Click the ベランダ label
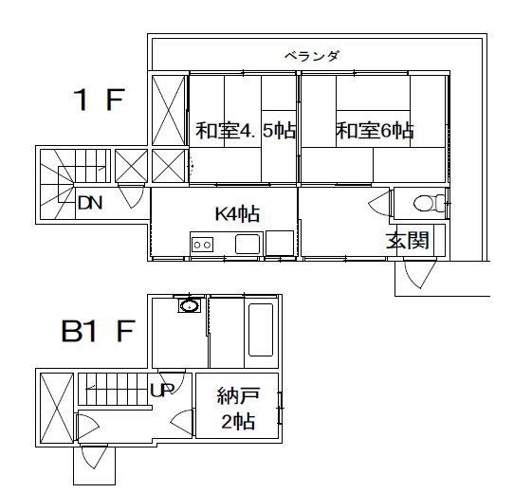coord(311,56)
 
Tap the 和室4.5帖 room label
coord(246,130)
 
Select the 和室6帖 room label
coord(375,130)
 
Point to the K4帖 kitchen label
coord(237,213)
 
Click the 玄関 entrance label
coord(407,240)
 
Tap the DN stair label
coord(90,203)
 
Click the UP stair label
coord(162,391)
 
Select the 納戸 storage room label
coord(238,395)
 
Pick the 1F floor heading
coord(99,100)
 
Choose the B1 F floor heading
coord(98,331)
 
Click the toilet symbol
coord(430,203)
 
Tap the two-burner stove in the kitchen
coord(202,245)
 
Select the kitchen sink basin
coord(248,244)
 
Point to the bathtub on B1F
coord(261,330)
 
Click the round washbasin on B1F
coord(190,305)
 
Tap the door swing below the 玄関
coord(419,273)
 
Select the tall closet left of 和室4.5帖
coord(169,110)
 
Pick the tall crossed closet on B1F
coord(57,408)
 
